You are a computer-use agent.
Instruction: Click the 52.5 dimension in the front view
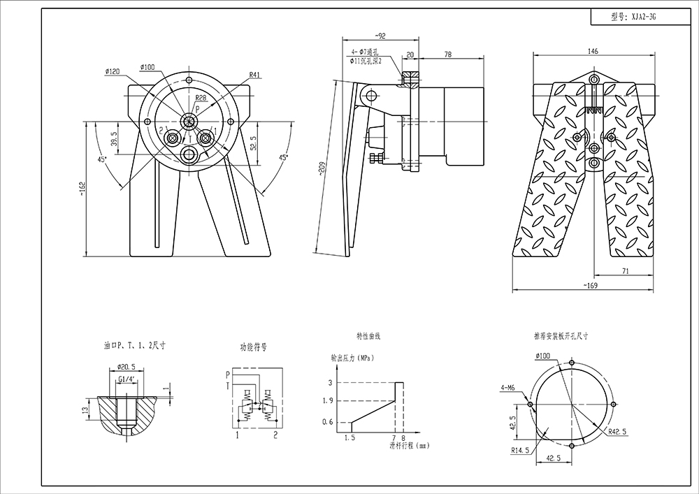click(254, 143)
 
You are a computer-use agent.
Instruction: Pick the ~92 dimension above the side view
click(381, 35)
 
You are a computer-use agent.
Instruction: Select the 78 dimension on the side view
click(447, 54)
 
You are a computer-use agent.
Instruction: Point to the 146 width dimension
click(593, 50)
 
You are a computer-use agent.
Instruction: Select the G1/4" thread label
click(127, 379)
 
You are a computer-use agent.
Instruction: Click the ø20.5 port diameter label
click(126, 367)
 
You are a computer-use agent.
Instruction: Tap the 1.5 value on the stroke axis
click(350, 437)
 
